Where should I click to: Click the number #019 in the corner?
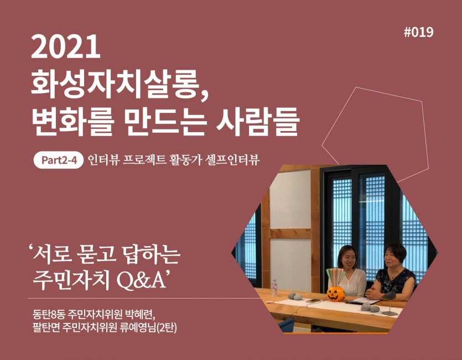[x=418, y=32]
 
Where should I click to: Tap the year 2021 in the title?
[x=66, y=46]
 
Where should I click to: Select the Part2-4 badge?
[x=59, y=160]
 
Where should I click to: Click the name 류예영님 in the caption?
[x=138, y=327]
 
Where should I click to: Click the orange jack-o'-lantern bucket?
[x=335, y=294]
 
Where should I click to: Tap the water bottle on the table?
[x=274, y=288]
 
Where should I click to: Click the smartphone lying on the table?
[x=313, y=301]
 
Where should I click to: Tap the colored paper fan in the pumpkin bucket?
[x=336, y=277]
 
